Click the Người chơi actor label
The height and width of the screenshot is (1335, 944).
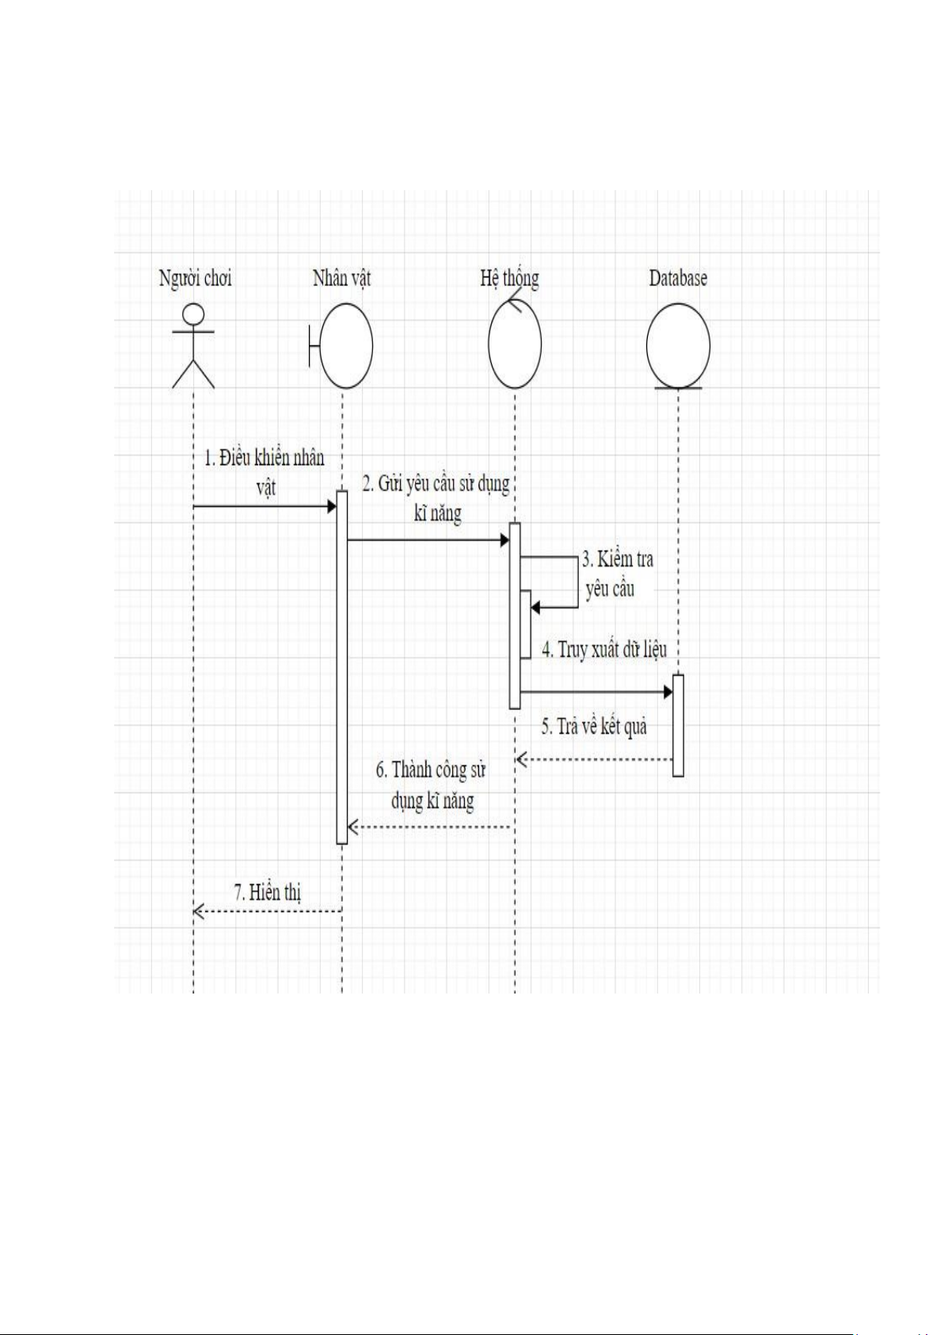point(196,279)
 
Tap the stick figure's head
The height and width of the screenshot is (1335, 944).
point(193,313)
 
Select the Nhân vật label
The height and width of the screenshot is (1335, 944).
point(342,278)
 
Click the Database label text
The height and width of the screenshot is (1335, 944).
point(678,278)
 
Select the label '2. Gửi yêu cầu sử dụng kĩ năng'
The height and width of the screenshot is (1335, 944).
point(436,498)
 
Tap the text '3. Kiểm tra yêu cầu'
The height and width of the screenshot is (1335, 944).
point(617,574)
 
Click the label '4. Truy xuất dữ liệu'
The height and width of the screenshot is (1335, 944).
point(604,650)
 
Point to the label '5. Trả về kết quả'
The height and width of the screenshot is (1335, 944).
point(594,727)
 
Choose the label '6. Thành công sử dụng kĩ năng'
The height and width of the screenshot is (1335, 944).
point(432,785)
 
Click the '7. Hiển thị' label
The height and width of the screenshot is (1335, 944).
point(267,893)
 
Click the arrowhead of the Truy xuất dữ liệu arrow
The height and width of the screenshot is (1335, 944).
point(668,692)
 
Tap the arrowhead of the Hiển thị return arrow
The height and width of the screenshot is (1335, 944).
point(199,911)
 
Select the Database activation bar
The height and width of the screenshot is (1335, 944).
point(678,726)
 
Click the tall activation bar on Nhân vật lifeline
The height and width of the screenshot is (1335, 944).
point(342,667)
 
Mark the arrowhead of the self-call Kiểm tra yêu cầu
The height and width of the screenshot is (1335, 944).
point(535,608)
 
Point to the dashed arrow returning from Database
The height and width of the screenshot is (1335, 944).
point(595,759)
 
